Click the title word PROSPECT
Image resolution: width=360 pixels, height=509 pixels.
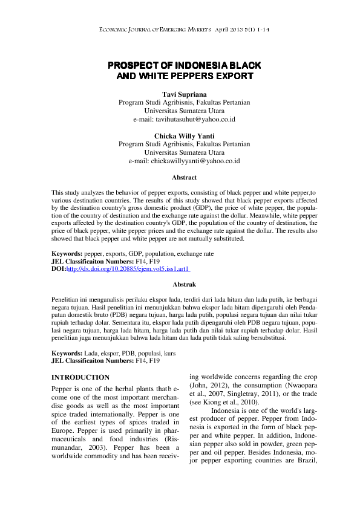click(133, 66)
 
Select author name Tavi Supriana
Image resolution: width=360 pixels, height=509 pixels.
click(184, 95)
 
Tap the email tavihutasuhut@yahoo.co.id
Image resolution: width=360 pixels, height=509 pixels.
click(184, 120)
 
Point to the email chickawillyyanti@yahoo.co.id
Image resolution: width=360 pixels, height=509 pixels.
click(184, 161)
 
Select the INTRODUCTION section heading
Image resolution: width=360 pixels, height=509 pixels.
click(81, 377)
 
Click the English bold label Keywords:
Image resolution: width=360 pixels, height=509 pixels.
click(68, 254)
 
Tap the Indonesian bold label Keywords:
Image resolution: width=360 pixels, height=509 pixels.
click(68, 352)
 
